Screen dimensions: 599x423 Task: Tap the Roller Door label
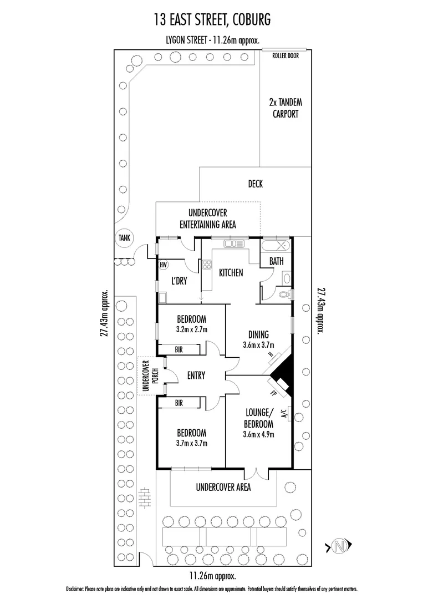click(x=285, y=55)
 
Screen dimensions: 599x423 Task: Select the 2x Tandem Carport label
click(x=285, y=108)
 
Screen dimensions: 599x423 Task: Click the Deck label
click(x=256, y=184)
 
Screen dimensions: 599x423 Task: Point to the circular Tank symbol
click(x=123, y=238)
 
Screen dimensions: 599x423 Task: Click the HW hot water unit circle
click(x=164, y=265)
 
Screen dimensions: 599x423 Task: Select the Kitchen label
click(x=231, y=273)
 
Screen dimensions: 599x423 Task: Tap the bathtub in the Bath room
click(x=276, y=245)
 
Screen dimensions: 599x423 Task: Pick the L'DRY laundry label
click(x=179, y=281)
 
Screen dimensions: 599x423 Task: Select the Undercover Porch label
click(x=147, y=376)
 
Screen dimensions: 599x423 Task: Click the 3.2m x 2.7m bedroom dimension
click(x=192, y=329)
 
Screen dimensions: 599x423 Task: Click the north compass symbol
click(x=339, y=546)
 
